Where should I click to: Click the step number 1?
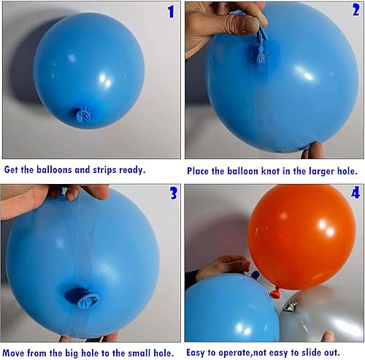pyautogui.click(x=171, y=12)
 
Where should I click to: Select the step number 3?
pyautogui.click(x=172, y=194)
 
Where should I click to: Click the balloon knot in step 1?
pyautogui.click(x=82, y=114)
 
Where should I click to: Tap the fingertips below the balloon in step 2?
pyautogui.click(x=315, y=150)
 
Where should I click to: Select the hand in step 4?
pyautogui.click(x=219, y=267)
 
